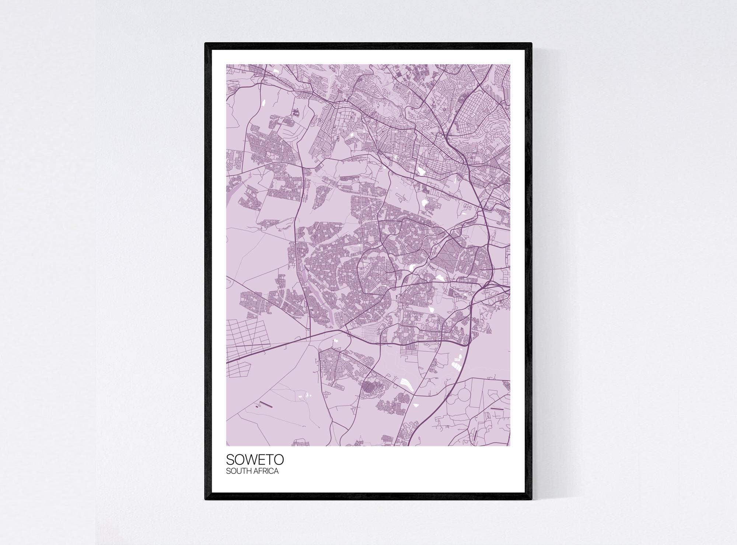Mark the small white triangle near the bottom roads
[415, 405]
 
